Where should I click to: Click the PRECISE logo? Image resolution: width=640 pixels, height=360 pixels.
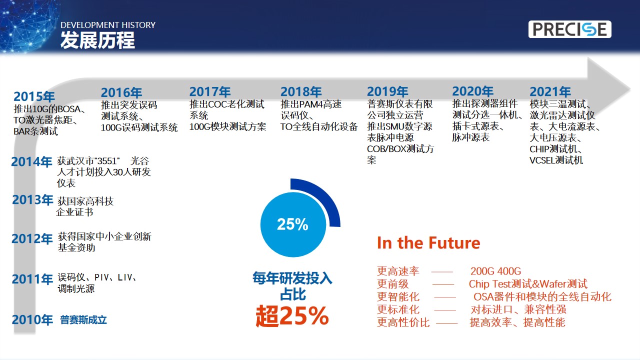(569, 29)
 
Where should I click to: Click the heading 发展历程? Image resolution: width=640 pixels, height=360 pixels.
(97, 40)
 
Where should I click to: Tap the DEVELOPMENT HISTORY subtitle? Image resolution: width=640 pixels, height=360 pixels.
(108, 25)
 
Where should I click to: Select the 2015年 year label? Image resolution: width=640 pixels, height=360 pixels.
(34, 96)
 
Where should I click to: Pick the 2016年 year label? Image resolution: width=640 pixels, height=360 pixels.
(121, 92)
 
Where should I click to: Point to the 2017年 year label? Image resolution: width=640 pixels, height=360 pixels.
(210, 91)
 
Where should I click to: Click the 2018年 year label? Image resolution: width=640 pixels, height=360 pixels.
(301, 91)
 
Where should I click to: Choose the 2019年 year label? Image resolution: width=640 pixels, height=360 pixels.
(387, 91)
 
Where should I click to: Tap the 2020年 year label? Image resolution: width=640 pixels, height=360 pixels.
(473, 91)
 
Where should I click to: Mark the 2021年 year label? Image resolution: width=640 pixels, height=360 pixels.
(550, 91)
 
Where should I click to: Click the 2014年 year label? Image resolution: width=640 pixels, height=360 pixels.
(31, 161)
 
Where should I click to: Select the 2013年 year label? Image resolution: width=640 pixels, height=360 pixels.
(32, 199)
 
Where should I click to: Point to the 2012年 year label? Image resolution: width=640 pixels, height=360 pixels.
(32, 238)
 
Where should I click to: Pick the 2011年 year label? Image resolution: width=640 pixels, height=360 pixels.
(32, 279)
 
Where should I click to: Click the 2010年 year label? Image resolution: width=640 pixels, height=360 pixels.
(32, 319)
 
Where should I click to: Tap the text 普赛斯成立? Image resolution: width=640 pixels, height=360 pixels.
(83, 319)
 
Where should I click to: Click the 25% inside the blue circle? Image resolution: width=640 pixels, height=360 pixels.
(292, 224)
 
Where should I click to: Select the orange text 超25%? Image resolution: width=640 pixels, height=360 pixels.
(292, 316)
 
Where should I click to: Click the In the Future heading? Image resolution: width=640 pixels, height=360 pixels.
(428, 243)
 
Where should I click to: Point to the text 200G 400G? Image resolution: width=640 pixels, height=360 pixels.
(495, 271)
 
